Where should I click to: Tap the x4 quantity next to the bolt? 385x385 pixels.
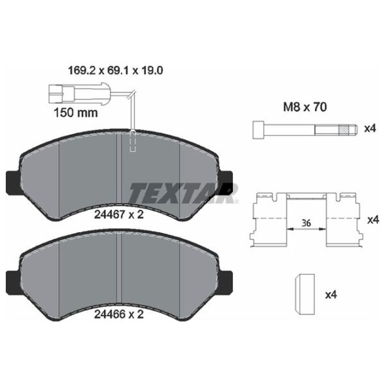click(370, 129)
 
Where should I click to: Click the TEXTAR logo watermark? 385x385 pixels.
click(183, 192)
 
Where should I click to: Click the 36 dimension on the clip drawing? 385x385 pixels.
click(307, 223)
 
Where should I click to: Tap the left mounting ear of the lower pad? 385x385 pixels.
click(13, 281)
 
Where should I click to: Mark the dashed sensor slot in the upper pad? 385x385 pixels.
click(133, 141)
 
